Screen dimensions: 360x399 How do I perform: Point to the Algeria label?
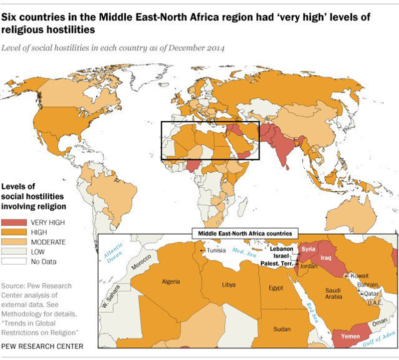pos(171,282)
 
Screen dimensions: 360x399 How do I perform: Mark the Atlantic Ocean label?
pos(113,250)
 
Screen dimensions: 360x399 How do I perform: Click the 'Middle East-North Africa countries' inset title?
pos(245,233)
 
